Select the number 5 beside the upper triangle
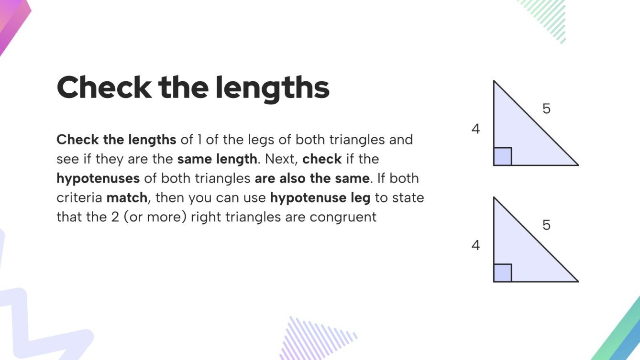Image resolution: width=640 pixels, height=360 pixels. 546,109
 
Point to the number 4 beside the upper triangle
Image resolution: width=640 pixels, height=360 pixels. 475,129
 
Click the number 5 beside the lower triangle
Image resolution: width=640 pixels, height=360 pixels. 546,225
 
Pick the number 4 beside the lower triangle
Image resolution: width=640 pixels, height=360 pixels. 475,245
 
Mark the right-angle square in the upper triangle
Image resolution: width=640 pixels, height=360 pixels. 503,156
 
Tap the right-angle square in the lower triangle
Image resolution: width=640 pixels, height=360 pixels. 503,273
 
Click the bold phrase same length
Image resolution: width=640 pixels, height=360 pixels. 217,159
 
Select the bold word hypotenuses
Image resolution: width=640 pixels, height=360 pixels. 98,178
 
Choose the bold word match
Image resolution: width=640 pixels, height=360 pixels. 127,197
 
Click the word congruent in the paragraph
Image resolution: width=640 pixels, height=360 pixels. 343,217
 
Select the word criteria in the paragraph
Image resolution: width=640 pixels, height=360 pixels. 79,197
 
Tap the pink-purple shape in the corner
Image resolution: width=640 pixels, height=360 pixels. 12,22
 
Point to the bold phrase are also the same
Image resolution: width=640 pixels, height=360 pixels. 312,178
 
